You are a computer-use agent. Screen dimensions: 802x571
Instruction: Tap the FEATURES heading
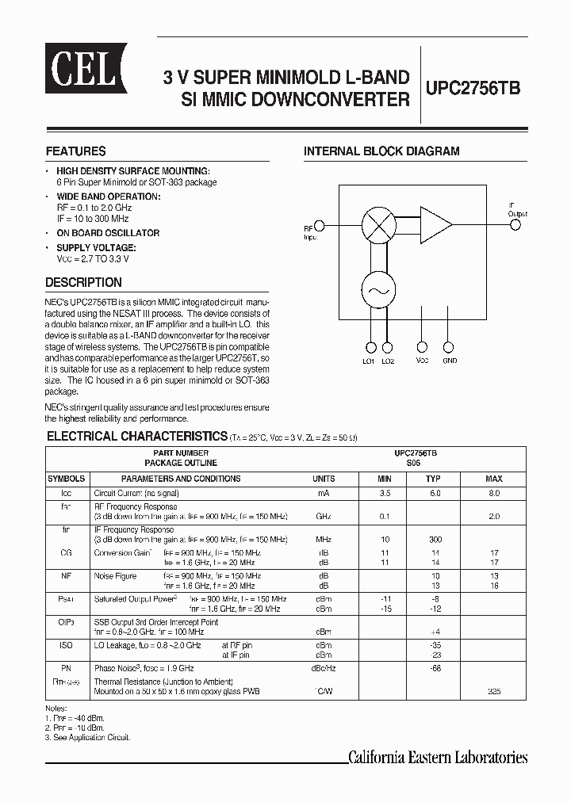75,151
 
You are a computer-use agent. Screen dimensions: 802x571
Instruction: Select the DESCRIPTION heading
83,282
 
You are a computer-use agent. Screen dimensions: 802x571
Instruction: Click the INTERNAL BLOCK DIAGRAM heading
381,151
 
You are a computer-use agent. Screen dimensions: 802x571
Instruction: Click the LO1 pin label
369,361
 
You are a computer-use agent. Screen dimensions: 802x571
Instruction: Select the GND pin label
450,361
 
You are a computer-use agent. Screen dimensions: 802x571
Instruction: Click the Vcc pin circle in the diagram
423,347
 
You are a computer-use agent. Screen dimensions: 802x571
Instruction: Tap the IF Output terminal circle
515,226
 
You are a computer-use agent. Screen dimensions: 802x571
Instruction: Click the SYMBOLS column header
67,479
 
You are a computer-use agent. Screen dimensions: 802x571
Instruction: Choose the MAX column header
494,479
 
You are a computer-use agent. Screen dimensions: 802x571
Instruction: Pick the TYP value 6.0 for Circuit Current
432,493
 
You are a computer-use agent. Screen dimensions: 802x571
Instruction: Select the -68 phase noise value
433,668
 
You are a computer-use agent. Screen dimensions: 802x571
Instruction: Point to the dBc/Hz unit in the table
324,668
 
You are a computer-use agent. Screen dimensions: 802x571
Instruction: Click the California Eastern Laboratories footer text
439,757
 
